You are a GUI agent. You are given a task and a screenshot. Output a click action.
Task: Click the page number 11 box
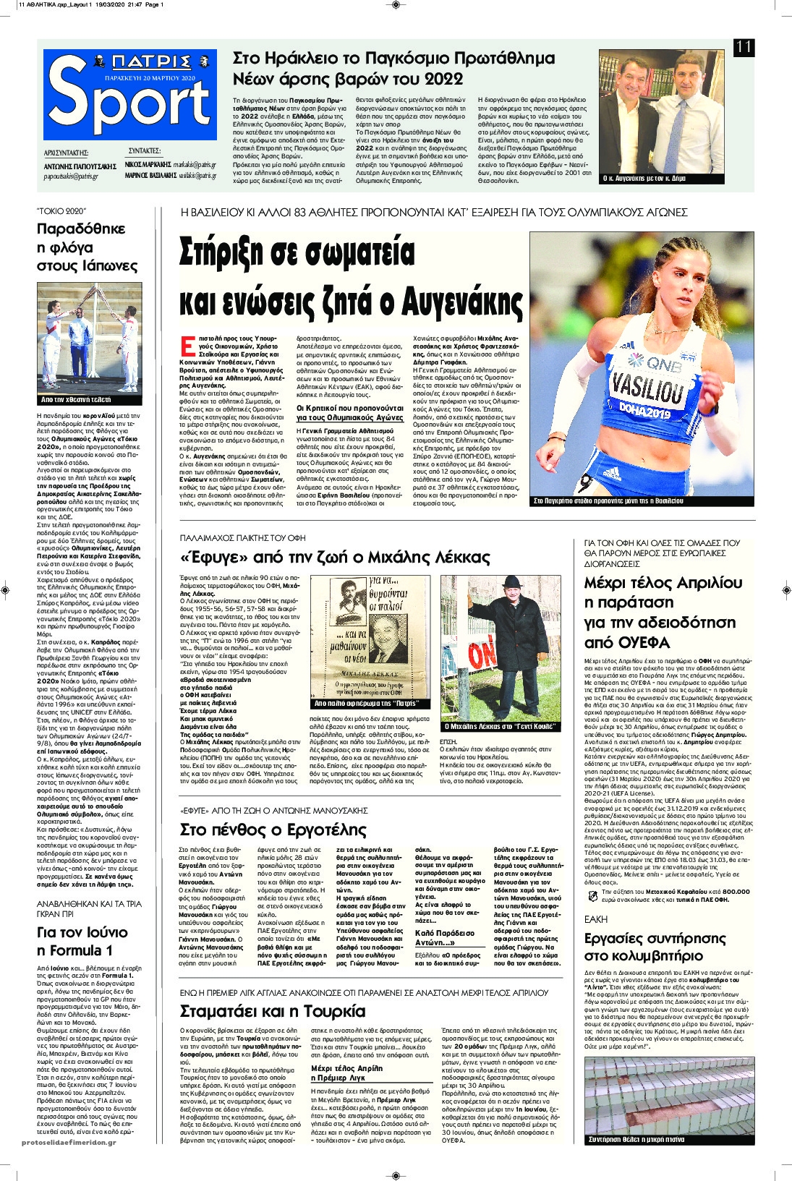pyautogui.click(x=744, y=48)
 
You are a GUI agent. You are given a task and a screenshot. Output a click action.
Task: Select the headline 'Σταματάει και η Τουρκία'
pyautogui.click(x=272, y=1010)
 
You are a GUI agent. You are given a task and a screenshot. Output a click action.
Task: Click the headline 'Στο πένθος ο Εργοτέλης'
pyautogui.click(x=273, y=829)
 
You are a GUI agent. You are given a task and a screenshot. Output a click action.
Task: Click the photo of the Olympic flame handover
pyautogui.click(x=90, y=338)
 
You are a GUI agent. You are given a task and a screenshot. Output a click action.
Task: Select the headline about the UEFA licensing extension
pyautogui.click(x=663, y=613)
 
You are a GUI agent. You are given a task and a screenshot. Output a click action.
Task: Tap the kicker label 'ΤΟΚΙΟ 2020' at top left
pyautogui.click(x=61, y=211)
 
